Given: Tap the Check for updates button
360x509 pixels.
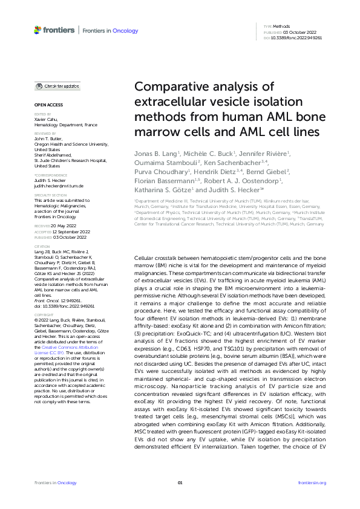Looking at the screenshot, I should click(x=57, y=86).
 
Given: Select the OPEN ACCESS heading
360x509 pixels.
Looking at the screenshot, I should click(x=44, y=105).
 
